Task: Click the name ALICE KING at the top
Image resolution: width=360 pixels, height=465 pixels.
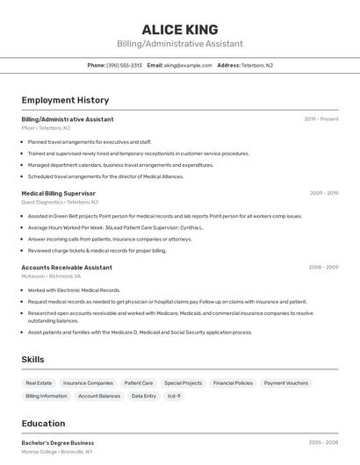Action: point(180,30)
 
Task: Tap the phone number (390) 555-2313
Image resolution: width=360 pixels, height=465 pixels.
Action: point(124,65)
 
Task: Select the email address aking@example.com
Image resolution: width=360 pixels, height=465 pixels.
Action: point(188,65)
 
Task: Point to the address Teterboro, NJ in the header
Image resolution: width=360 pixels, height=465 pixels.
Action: point(256,65)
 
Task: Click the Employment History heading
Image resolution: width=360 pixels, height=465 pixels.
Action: point(65,100)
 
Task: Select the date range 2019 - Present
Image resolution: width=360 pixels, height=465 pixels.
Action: point(320,118)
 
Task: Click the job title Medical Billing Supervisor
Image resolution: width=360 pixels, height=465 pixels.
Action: point(58,193)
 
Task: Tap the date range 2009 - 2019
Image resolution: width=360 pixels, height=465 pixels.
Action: point(323,193)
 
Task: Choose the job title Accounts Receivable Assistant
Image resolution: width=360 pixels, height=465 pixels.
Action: point(67,267)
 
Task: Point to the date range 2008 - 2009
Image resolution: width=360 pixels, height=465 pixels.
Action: point(323,267)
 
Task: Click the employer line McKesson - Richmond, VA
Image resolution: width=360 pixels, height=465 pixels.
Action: point(51,275)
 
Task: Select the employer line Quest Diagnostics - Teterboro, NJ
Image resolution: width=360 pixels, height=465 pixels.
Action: point(61,202)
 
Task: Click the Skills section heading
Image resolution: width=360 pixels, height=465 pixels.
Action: point(32,359)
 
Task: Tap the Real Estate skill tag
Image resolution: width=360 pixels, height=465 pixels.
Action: point(39,383)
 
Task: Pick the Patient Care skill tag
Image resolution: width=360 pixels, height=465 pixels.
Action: point(139,383)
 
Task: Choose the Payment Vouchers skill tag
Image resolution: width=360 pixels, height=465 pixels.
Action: point(286,383)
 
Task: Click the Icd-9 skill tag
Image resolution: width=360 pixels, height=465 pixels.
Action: point(174,396)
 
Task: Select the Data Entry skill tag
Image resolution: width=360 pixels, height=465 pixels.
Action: point(144,396)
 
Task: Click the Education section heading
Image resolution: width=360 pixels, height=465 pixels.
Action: point(43,423)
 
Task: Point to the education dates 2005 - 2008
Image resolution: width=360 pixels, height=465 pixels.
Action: point(323,443)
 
